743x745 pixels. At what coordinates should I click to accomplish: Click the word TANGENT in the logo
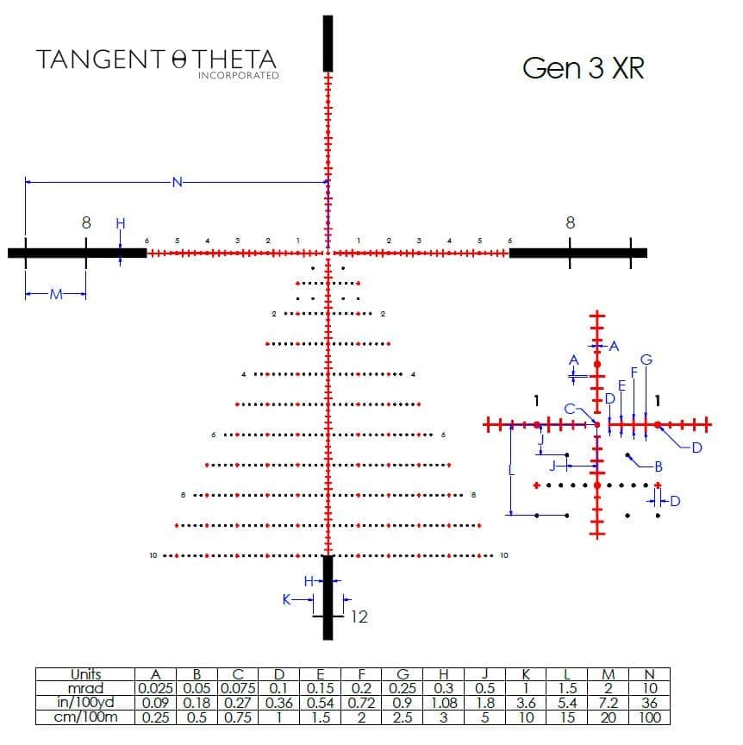[99, 59]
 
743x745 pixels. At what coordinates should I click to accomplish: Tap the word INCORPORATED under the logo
[238, 76]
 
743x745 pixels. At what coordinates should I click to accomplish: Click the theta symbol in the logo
[179, 60]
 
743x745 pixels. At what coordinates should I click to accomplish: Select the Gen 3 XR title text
[583, 69]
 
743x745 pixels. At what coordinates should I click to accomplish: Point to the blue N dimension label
[177, 182]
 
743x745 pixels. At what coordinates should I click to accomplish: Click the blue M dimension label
[56, 295]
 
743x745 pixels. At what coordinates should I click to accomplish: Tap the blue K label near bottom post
[287, 598]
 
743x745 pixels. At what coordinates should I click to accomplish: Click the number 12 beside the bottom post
[359, 617]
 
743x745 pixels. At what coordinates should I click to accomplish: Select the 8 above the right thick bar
[570, 222]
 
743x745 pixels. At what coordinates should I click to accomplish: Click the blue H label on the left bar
[120, 223]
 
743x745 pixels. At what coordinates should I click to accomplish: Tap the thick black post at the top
[328, 43]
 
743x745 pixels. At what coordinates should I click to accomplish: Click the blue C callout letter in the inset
[570, 408]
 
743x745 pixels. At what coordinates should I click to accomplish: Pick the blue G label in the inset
[646, 360]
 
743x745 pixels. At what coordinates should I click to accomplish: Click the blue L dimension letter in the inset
[511, 471]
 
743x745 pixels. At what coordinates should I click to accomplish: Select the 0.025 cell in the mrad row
[156, 689]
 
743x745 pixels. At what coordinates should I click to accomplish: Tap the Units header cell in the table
[86, 675]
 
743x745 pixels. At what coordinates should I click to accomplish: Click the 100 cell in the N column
[651, 717]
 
